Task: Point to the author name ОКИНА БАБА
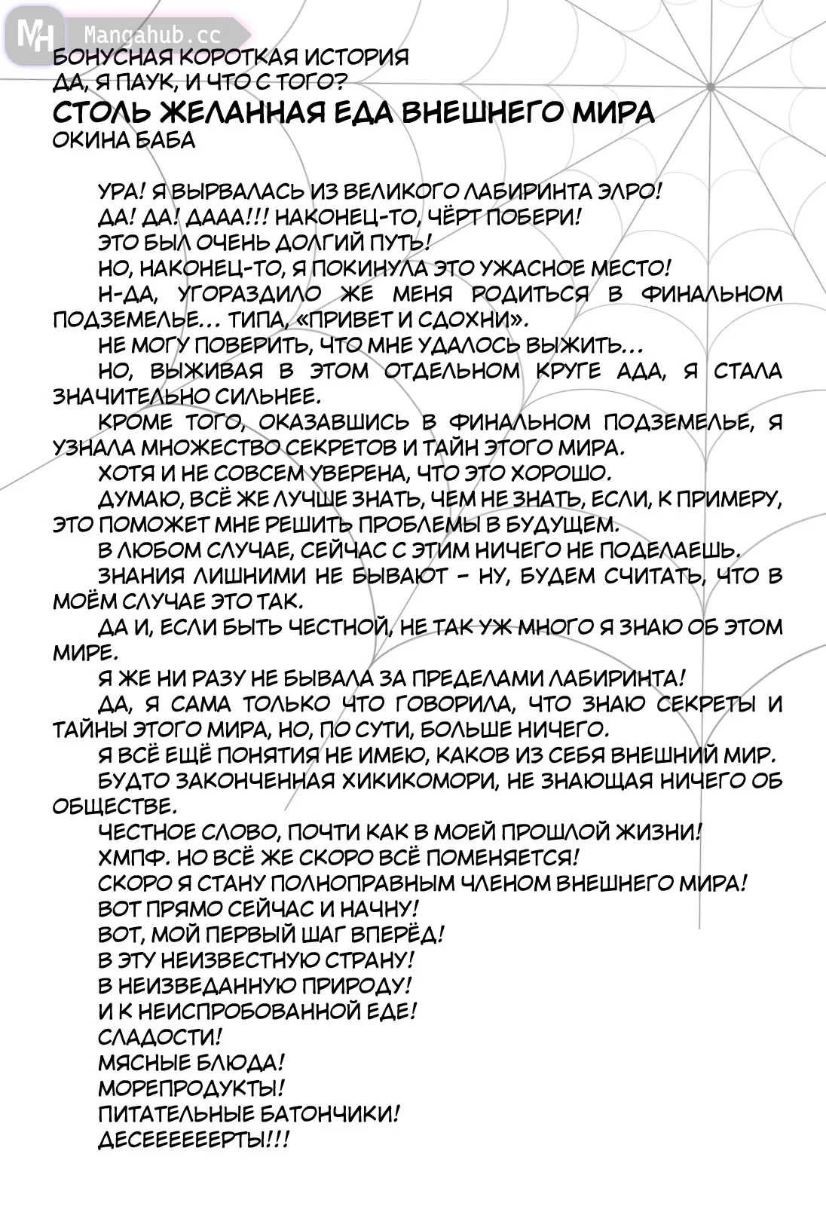click(124, 140)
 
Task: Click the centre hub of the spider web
click(711, 87)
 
